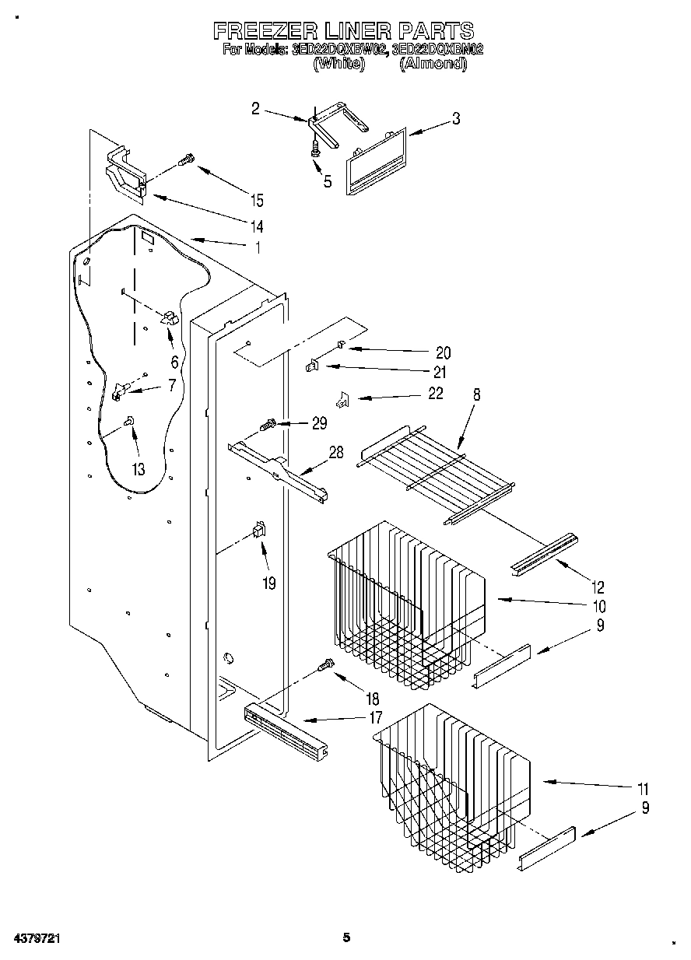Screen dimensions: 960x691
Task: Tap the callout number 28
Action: coord(336,453)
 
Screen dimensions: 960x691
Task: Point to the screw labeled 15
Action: coord(186,161)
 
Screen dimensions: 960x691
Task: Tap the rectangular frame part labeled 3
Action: coord(374,161)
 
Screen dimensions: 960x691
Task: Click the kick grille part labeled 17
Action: coord(284,732)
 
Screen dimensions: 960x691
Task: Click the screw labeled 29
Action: coord(268,426)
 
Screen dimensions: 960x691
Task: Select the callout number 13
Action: coord(139,469)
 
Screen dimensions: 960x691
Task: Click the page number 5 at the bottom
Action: coord(348,937)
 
